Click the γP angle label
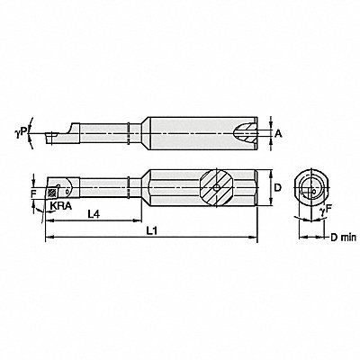pyautogui.click(x=22, y=131)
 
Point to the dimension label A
pyautogui.click(x=279, y=134)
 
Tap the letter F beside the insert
pyautogui.click(x=33, y=194)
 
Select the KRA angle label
pyautogui.click(x=60, y=205)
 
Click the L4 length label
pyautogui.click(x=94, y=214)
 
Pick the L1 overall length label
pyautogui.click(x=152, y=230)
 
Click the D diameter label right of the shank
pyautogui.click(x=278, y=188)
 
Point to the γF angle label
pyautogui.click(x=326, y=211)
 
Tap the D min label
pyautogui.click(x=343, y=238)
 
